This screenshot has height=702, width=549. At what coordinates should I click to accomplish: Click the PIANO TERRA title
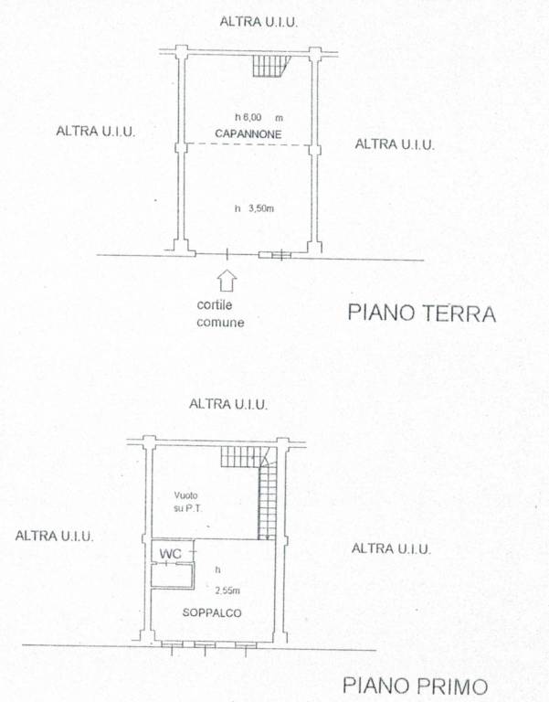coord(421,314)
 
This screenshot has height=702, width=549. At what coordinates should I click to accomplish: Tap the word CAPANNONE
coord(248,135)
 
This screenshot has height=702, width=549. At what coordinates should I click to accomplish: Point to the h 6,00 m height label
coord(259,118)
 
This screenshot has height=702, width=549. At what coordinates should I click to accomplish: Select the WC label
coord(170,555)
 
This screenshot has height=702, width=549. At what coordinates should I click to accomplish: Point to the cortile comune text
coord(222,314)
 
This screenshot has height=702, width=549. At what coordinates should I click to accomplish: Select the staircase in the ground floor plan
coord(270,64)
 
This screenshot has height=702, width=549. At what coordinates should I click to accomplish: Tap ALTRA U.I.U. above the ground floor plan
coord(259,21)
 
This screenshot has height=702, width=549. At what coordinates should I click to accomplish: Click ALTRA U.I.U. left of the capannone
coord(96,132)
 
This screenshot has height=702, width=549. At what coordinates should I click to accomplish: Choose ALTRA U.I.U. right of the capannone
coord(394,144)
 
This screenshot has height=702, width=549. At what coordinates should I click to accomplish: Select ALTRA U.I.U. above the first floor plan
coord(227,404)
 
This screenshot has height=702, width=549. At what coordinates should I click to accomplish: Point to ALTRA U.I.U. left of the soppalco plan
coord(54,537)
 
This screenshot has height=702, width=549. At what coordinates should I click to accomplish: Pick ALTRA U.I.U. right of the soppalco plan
coord(391,548)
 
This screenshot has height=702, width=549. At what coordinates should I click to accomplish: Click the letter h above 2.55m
coord(217,569)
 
